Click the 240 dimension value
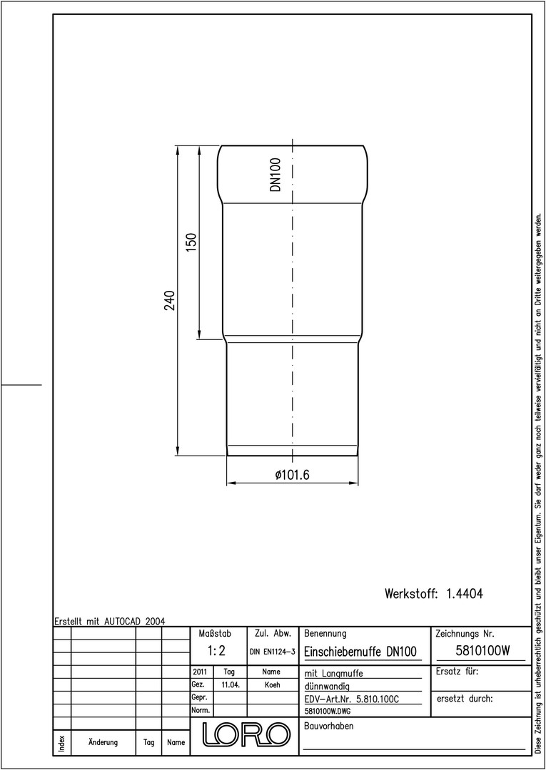tap(170, 301)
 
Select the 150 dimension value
tap(191, 242)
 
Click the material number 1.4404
tap(465, 594)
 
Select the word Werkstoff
tap(411, 594)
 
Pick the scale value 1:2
tap(216, 651)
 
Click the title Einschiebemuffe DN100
tap(360, 652)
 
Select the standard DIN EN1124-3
tap(272, 652)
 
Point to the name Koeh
tap(272, 685)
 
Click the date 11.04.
tap(231, 685)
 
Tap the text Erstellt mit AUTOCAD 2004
tap(110, 621)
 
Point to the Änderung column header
tap(103, 741)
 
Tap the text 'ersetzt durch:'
tap(465, 699)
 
